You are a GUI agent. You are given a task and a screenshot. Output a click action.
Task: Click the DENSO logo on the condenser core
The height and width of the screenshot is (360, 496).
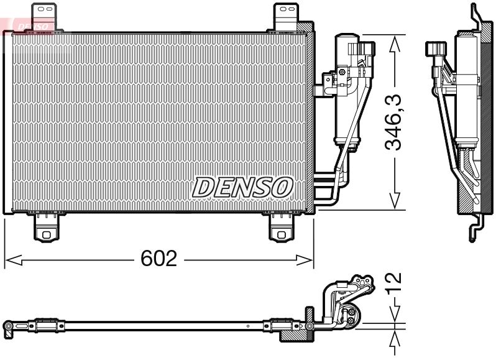tap(242, 187)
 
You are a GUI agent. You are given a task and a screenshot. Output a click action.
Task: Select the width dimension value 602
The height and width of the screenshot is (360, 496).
tap(158, 259)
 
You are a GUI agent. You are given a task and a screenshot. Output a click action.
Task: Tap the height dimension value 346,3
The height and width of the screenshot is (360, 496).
tap(393, 122)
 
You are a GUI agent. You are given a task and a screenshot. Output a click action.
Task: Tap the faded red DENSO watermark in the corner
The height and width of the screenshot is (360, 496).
tap(28, 25)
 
